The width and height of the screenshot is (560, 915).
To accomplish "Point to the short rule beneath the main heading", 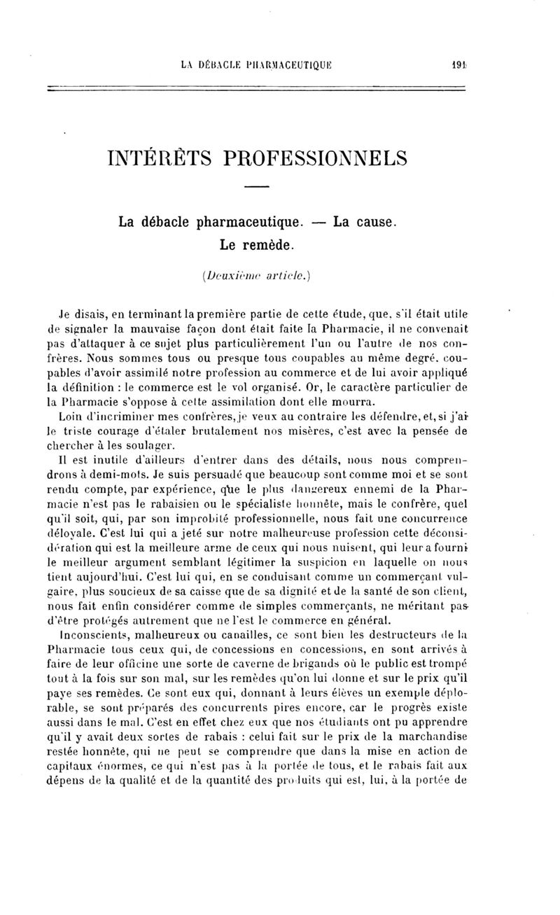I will coord(257,186).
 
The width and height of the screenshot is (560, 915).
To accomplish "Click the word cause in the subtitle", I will coord(373,223).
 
